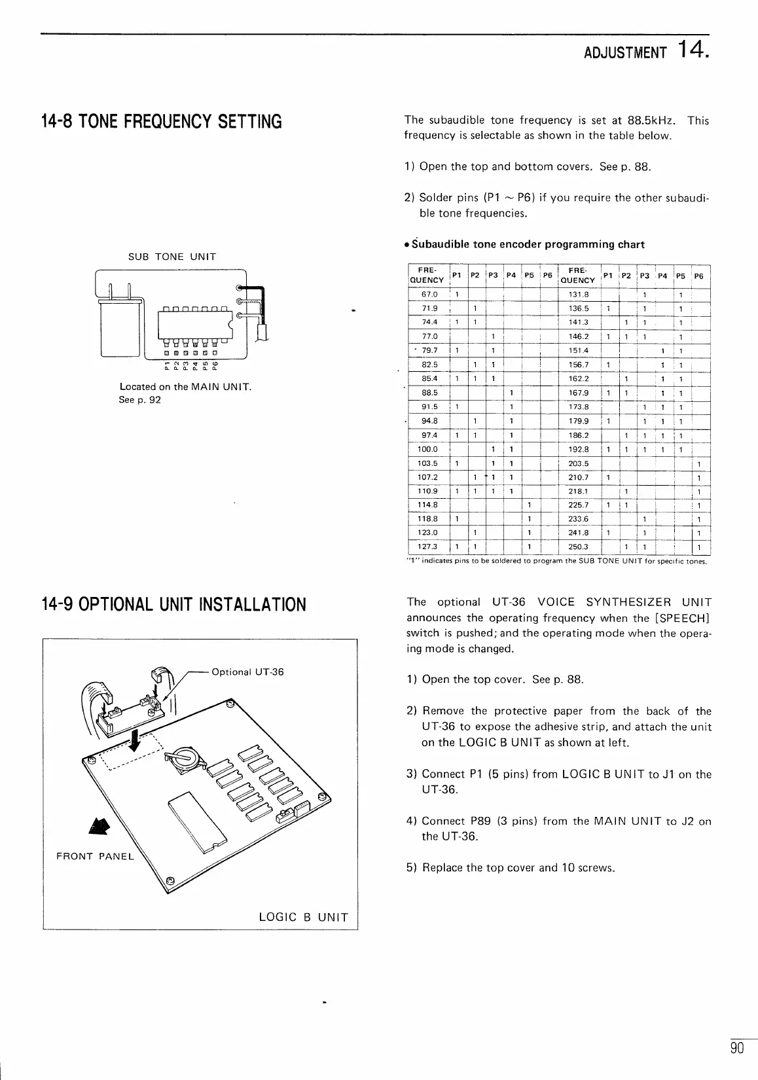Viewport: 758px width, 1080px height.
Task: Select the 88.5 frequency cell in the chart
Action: (430, 393)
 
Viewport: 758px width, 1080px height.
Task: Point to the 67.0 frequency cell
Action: (430, 295)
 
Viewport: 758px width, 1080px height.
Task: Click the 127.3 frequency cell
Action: (430, 547)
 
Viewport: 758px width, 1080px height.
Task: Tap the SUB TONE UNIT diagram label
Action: (171, 257)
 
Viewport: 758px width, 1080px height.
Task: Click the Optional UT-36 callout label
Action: (248, 672)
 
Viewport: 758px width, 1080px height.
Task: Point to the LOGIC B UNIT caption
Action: (304, 917)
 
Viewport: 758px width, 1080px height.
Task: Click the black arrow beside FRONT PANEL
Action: (100, 828)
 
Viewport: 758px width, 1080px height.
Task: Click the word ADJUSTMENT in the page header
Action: (624, 53)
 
